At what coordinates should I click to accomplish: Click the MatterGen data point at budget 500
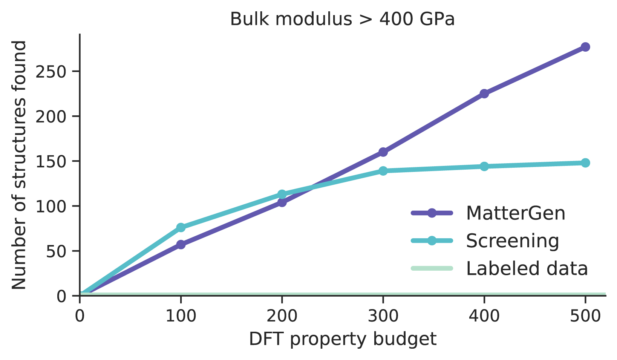(x=585, y=47)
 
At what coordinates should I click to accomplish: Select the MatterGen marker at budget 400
(x=484, y=93)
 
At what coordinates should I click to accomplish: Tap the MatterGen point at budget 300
(x=383, y=152)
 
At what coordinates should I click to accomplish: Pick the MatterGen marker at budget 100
(x=181, y=245)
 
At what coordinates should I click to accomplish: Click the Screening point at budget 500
(x=585, y=163)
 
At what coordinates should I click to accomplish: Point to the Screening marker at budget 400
(x=484, y=166)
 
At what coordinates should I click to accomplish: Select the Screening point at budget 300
(x=383, y=171)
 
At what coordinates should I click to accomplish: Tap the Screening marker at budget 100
(x=181, y=227)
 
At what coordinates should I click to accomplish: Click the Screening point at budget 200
(x=282, y=194)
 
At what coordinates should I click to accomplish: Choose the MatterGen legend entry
(x=515, y=213)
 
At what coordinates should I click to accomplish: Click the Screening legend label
(x=512, y=241)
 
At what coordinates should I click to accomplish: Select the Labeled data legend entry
(x=527, y=268)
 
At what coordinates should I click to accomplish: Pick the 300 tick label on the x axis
(x=383, y=316)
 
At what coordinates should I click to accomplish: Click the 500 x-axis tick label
(x=585, y=316)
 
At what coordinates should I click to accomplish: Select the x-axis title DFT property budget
(x=343, y=339)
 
